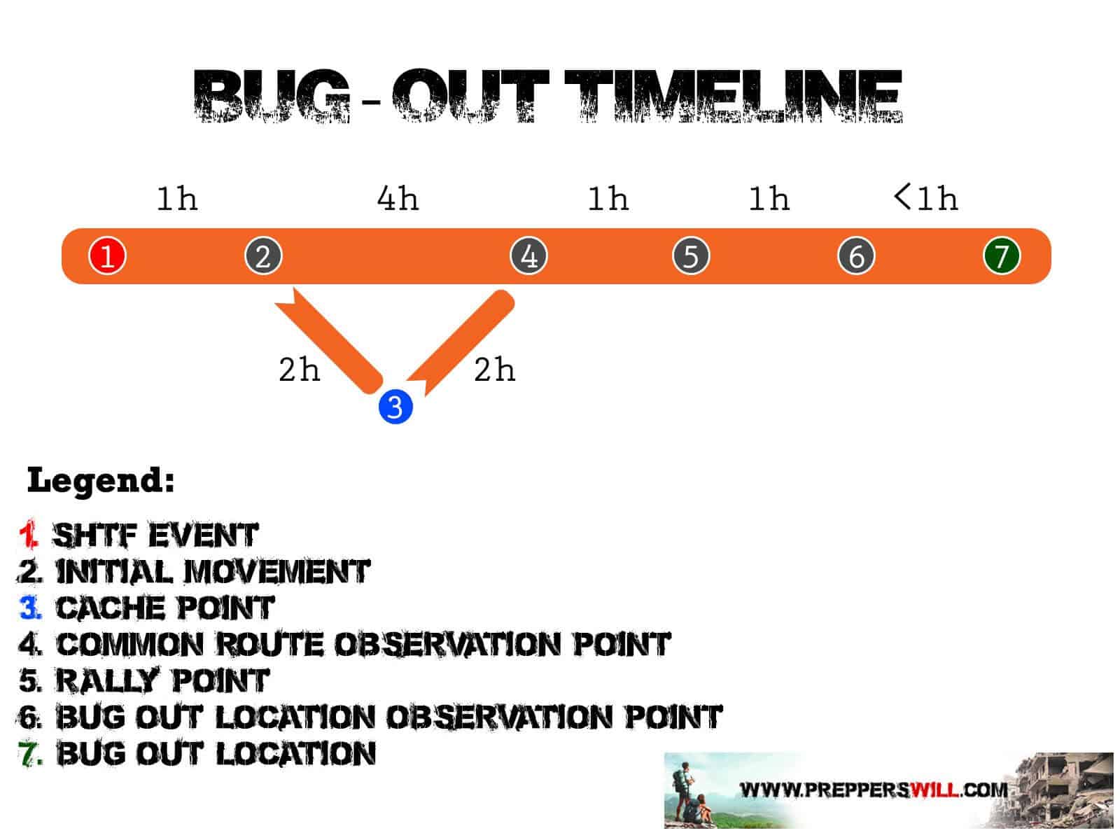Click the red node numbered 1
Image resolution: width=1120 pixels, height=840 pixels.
107,255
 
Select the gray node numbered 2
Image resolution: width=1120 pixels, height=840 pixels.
263,255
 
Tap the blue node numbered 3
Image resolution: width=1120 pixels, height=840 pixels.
395,407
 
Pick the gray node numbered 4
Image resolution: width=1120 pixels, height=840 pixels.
528,255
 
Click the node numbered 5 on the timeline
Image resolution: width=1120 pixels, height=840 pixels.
691,255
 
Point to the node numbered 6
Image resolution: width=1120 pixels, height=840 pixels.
856,255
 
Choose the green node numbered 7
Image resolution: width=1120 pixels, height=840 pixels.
1002,255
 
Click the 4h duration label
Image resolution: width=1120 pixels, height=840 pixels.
398,199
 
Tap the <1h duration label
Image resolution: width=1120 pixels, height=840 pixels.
925,198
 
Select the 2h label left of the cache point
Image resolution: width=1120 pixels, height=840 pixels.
299,370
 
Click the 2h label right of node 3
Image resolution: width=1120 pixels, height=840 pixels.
494,370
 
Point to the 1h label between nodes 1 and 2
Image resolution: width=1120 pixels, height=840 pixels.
176,199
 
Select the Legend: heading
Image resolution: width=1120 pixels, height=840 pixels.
101,481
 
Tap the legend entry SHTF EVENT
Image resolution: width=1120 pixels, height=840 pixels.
155,535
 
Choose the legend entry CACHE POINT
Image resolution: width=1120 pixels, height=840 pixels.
164,608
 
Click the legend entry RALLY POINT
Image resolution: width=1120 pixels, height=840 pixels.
162,680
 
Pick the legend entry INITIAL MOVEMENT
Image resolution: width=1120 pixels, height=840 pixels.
212,572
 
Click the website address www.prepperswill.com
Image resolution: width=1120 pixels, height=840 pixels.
874,790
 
